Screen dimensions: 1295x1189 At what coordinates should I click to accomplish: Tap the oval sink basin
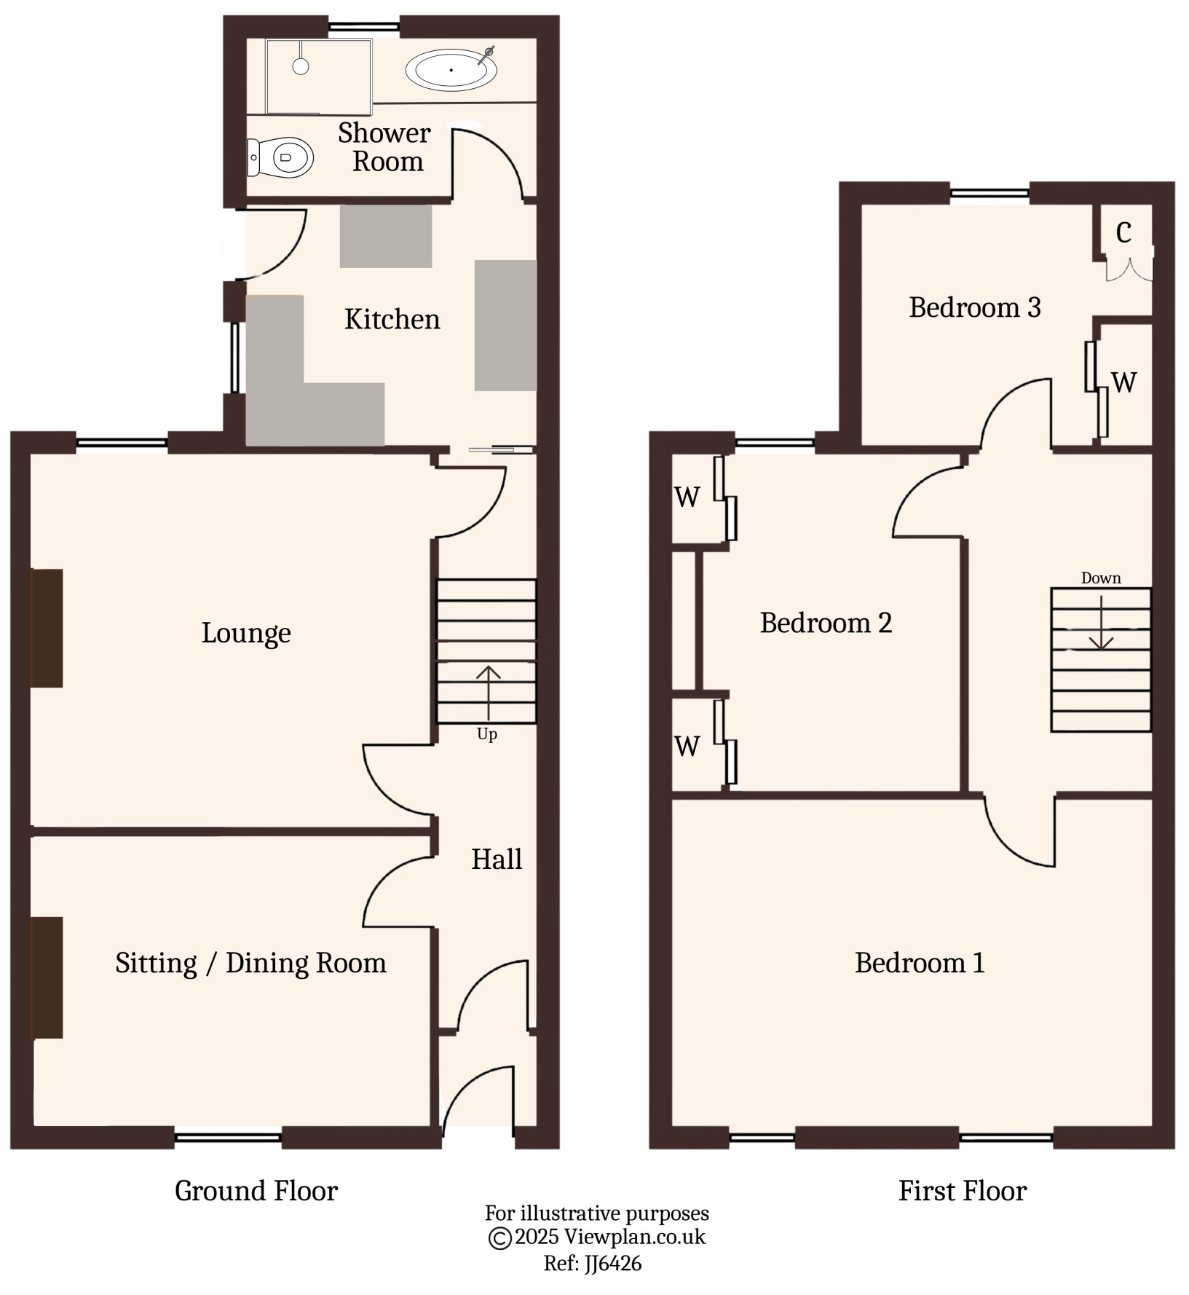[x=451, y=71]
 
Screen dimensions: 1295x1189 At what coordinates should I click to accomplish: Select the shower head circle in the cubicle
[x=301, y=66]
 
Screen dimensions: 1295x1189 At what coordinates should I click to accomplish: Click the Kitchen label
[x=392, y=320]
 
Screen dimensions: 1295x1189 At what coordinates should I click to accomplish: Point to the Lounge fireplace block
[x=47, y=628]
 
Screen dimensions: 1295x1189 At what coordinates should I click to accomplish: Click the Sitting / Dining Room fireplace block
[x=47, y=977]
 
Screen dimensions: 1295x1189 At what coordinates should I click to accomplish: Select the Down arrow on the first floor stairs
[x=1101, y=623]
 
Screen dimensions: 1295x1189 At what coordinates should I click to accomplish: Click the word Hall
[x=497, y=859]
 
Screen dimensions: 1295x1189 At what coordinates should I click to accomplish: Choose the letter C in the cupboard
[x=1123, y=233]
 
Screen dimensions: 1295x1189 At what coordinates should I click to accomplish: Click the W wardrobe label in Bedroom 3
[x=1124, y=382]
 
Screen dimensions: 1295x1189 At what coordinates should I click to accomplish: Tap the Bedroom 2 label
[x=826, y=623]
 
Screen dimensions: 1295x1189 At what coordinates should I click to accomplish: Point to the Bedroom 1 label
[x=920, y=963]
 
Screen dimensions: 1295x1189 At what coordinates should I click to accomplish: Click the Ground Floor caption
[x=256, y=1191]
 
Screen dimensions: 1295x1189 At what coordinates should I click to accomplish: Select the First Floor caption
[x=962, y=1191]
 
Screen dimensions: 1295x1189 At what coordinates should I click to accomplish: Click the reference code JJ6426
[x=612, y=1263]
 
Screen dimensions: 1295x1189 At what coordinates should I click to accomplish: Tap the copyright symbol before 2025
[x=499, y=1237]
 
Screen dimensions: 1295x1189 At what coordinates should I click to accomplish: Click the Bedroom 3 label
[x=974, y=307]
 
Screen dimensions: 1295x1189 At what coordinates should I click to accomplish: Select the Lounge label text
[x=246, y=633]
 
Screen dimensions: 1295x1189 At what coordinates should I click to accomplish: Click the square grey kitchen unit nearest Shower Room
[x=386, y=236]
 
